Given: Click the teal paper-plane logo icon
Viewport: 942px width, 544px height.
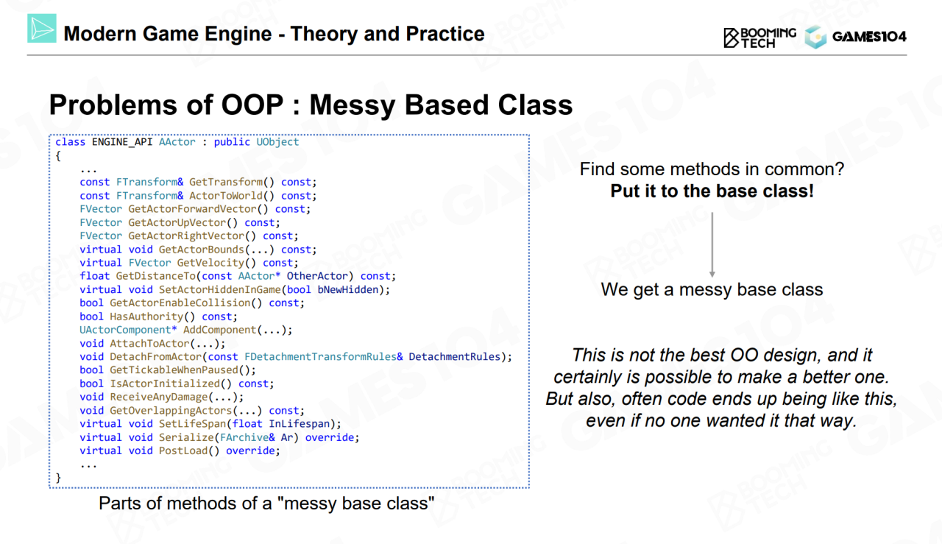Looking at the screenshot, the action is (42, 28).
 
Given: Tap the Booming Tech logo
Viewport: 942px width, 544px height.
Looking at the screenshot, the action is (759, 38).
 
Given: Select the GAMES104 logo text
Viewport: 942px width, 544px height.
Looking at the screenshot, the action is (869, 37).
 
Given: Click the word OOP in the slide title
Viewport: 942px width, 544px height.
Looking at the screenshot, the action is (252, 105).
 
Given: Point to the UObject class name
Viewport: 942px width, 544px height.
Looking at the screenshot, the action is (277, 142).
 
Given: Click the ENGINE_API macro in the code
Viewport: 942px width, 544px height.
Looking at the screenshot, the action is (122, 142).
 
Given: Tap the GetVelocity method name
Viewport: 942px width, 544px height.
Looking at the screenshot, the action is (210, 263).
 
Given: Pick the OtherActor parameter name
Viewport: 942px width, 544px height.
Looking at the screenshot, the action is (317, 276).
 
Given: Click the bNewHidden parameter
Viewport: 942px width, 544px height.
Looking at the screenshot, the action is (348, 289).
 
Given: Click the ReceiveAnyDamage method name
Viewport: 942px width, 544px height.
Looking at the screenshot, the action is (159, 397).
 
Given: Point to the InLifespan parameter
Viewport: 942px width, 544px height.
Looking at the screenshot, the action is (299, 424).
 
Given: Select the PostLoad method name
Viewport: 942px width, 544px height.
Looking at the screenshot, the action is (183, 451).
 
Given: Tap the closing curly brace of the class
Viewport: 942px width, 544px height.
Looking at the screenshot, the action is (58, 478).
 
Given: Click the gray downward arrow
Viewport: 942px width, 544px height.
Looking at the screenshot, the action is (712, 245).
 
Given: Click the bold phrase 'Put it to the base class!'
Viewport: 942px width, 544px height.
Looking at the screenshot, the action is (712, 191).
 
